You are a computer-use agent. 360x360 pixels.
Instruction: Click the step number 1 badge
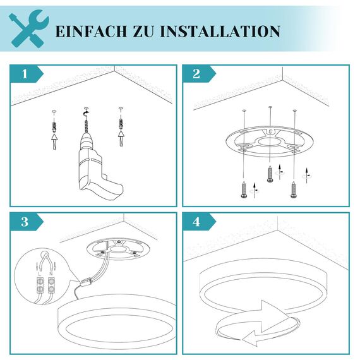click(25, 74)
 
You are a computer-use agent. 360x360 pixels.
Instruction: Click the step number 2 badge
click(196, 74)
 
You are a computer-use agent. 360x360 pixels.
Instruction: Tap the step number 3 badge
click(25, 222)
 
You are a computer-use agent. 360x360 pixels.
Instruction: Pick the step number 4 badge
click(196, 222)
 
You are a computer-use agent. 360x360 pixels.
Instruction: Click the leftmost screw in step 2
click(243, 189)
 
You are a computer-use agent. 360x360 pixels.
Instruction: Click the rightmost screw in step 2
click(294, 189)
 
